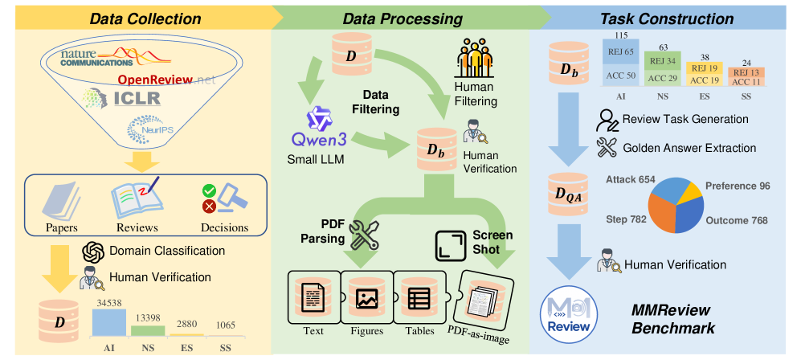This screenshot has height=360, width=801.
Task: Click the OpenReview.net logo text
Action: (x=165, y=80)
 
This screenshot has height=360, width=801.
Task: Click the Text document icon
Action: (x=314, y=298)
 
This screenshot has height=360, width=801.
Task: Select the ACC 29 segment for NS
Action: (x=664, y=78)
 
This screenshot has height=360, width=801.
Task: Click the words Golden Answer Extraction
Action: (x=689, y=148)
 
